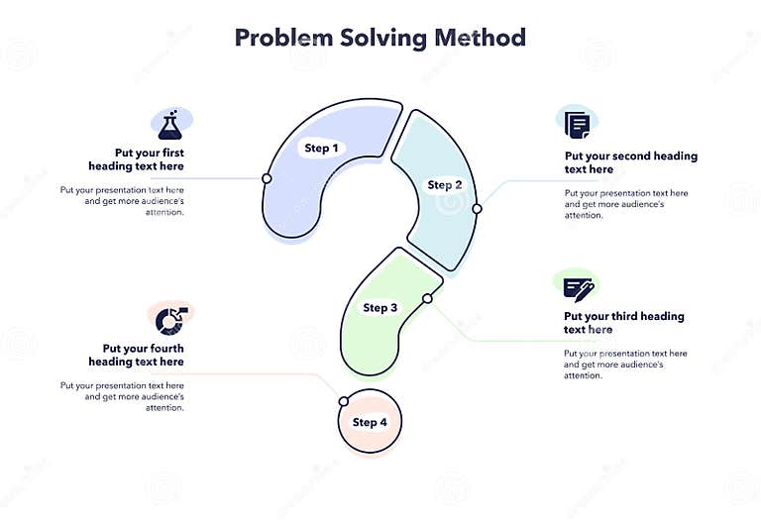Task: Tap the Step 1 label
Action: point(321,149)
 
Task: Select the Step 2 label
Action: point(445,185)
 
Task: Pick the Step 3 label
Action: point(380,308)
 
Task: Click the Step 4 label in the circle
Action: point(370,423)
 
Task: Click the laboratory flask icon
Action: point(171,123)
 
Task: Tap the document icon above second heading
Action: point(577,124)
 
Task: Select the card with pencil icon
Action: point(578,288)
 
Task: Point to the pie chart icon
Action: point(171,319)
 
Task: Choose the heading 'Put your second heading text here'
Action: point(630,162)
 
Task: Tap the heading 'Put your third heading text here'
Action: point(623,323)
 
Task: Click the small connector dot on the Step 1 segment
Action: point(267,178)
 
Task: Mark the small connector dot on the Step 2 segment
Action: point(477,209)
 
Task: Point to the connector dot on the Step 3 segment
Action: point(427,298)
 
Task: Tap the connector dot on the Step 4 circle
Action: point(343,401)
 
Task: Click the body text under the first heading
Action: point(122,200)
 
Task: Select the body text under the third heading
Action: point(625,365)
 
